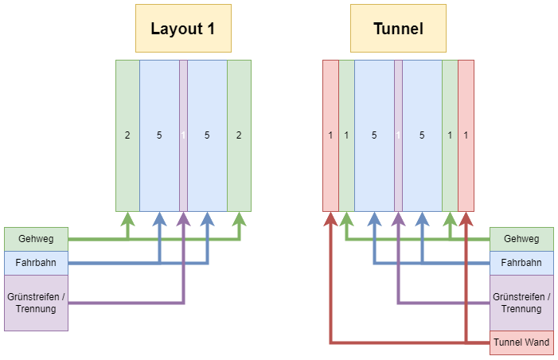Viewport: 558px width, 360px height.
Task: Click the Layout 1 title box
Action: point(183,29)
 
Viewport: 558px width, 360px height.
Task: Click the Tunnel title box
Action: point(398,29)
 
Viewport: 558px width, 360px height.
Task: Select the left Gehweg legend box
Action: point(36,239)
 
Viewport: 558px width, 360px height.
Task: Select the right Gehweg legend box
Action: point(521,239)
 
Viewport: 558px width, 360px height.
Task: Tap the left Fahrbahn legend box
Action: point(36,263)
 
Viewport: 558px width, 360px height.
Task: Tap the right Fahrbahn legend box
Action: point(521,263)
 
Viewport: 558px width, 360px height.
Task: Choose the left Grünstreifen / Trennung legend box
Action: point(36,303)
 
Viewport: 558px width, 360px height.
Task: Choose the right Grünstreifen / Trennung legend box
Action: point(521,303)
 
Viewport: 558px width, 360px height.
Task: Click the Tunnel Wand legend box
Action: point(521,342)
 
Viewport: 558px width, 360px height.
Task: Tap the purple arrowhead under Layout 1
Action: point(183,218)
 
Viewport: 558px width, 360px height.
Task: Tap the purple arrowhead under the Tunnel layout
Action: point(398,218)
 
